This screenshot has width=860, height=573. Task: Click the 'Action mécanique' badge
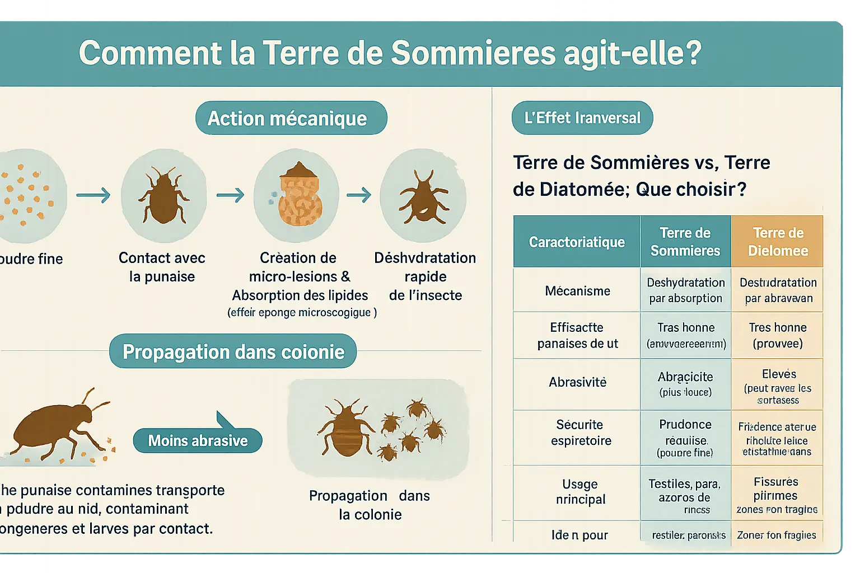point(291,118)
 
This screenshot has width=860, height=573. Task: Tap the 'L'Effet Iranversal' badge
point(582,118)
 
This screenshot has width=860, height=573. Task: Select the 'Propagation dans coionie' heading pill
point(233,351)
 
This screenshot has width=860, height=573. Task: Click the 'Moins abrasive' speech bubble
point(198,440)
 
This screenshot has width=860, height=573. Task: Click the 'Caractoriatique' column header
point(577,242)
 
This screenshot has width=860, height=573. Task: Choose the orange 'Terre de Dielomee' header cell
point(777,242)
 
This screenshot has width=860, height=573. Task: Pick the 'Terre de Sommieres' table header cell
point(685,242)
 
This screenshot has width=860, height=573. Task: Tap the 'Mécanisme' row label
point(577,290)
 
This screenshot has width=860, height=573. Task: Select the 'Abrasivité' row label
point(577,382)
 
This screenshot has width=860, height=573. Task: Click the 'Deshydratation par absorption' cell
point(685,290)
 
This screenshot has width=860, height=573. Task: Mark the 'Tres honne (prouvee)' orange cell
point(777,335)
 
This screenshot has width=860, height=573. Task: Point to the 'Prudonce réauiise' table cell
point(685,438)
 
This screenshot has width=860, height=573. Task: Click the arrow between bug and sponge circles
point(230,195)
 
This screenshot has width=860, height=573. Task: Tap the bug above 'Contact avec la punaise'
point(163,196)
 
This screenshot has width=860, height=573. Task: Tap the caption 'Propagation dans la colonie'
point(370,505)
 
